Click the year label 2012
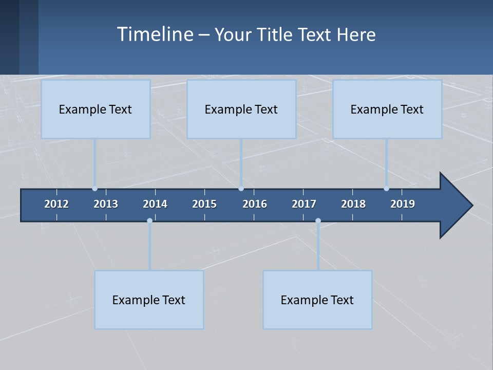pos(56,204)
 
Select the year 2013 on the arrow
pos(106,204)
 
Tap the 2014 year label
pos(155,204)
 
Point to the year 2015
pos(204,204)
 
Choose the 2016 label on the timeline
pos(255,204)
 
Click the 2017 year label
pos(304,204)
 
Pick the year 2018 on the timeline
pos(353,204)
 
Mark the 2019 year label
pos(403,204)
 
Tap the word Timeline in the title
pos(155,34)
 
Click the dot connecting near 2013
pos(94,189)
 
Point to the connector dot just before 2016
pos(241,189)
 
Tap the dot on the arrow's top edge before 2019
pos(386,189)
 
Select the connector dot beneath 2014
pos(149,221)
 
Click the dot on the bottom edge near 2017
pos(318,221)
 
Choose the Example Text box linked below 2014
pos(149,300)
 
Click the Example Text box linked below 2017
pos(317,300)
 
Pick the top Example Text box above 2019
pos(387,109)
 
